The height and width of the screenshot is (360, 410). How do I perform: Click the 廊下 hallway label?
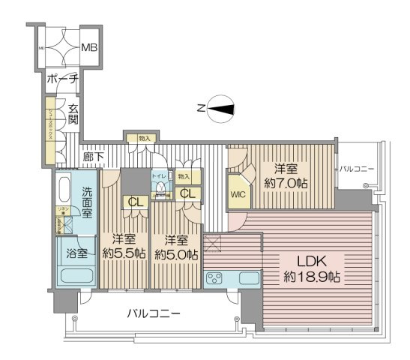94,158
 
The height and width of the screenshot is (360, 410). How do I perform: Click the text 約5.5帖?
124,253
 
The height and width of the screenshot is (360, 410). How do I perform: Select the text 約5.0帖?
176,253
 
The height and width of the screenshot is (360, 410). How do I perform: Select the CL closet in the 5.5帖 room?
136,201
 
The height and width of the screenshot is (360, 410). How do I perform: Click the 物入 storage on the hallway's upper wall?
145,139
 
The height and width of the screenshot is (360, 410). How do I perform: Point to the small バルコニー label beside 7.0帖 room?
357,169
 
